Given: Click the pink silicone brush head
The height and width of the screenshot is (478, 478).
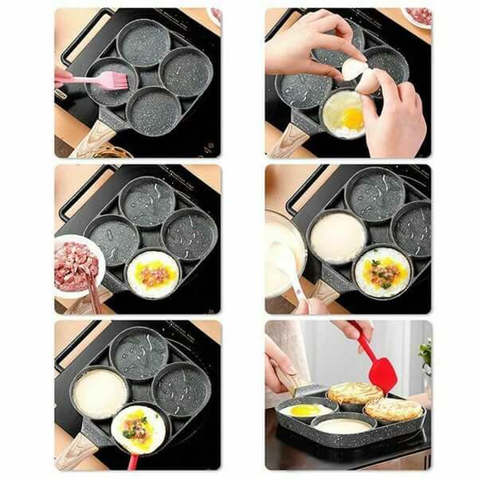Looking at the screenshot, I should tap(111, 80).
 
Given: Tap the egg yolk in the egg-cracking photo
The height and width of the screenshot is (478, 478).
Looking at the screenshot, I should tap(352, 119).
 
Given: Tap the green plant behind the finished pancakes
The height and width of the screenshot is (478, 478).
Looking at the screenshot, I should tap(425, 352).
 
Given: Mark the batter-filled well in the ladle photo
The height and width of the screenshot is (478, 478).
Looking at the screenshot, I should tap(337, 237).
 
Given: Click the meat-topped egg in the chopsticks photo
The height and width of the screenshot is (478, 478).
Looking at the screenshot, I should tap(152, 273).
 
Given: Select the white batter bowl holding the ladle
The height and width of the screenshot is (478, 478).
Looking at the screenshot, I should tap(280, 252).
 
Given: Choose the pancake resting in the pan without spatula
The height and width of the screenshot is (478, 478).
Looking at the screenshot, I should tap(393, 409).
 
